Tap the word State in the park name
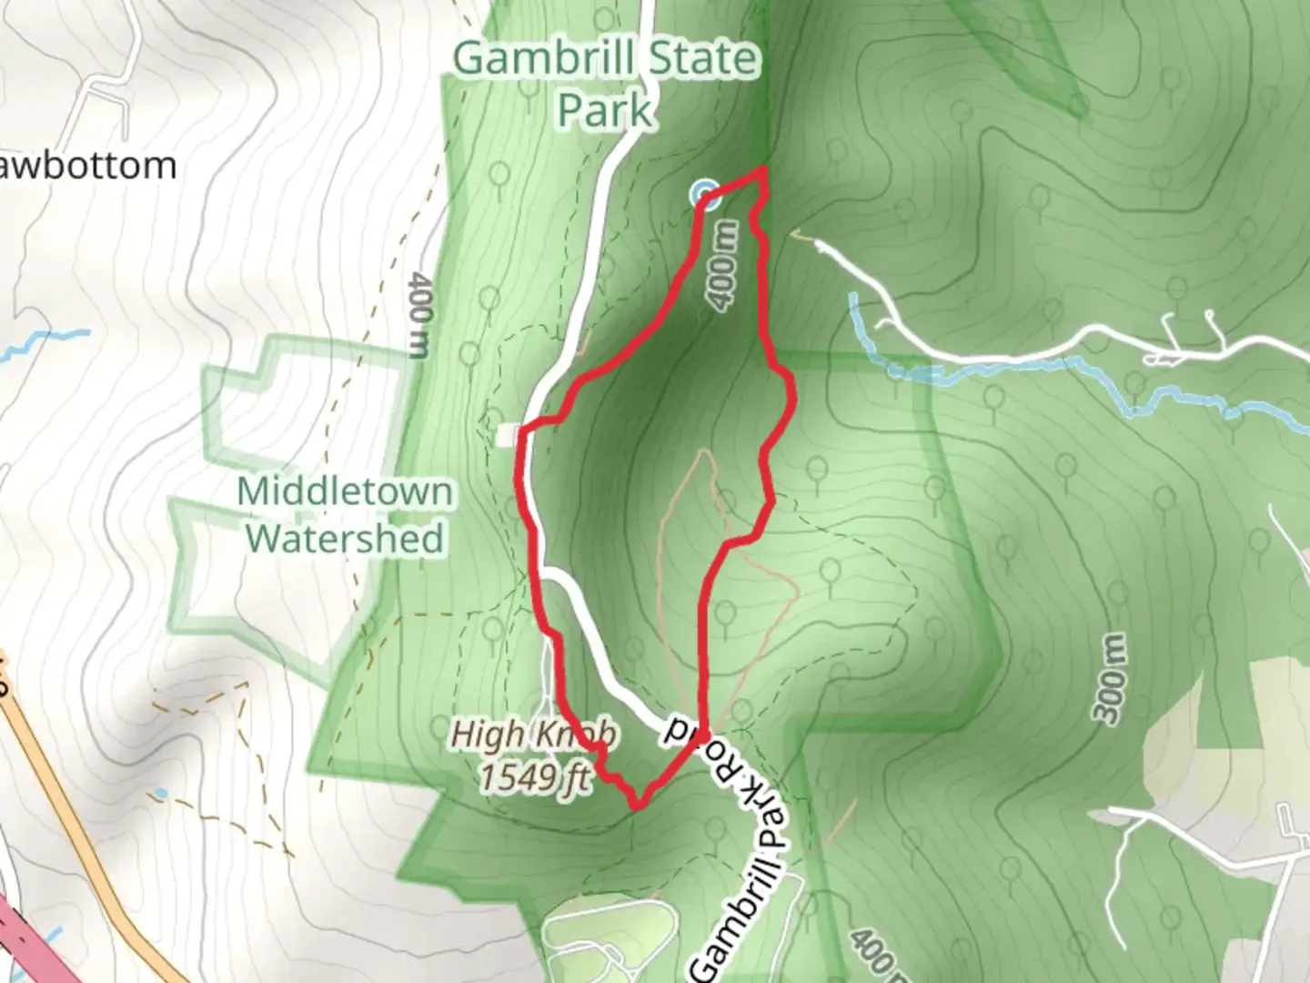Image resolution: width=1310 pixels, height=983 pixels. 703,59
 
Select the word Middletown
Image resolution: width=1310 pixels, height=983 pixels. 345,491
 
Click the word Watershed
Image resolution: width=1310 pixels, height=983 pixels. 345,538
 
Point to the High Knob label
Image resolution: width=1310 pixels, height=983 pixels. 534,734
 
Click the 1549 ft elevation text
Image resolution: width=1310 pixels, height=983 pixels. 534,777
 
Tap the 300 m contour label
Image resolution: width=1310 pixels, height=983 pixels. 1113,678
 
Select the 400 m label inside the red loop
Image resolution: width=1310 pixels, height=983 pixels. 723,268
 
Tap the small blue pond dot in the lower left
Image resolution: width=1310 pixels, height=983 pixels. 161,794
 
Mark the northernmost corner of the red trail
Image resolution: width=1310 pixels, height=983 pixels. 763,169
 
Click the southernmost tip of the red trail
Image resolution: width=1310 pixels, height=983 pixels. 638,806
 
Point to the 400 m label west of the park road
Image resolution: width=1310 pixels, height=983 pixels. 418,314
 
